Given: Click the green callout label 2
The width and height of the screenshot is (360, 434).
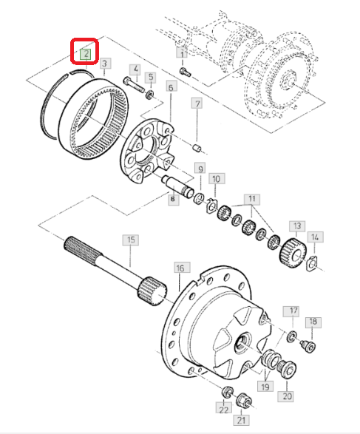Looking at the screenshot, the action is point(86,54).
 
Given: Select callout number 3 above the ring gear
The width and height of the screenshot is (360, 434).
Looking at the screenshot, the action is point(104,64).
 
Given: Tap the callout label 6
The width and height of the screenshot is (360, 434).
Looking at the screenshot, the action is point(171,87).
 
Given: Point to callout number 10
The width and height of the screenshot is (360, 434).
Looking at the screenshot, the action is point(216,179).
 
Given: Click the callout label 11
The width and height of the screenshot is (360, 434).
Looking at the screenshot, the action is point(252,199).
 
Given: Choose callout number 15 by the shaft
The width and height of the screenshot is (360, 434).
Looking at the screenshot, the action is point(131,240).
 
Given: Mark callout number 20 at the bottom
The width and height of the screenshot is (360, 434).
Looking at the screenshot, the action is point(287,396).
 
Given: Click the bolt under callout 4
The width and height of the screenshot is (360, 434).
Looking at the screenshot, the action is point(133,85).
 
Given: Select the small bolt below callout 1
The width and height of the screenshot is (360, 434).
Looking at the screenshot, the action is point(185,72).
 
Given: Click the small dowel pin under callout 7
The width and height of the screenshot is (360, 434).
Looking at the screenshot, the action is point(197,148).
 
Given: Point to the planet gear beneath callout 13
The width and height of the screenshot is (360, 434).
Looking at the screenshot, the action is point(293,252).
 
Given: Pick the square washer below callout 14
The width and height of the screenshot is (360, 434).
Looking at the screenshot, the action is point(313,265).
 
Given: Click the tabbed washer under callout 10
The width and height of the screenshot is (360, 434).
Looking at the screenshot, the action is point(212,206).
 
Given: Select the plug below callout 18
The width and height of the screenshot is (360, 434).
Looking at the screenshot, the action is point(308,346).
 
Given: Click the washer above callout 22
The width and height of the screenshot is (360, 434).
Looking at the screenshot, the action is point(228,391).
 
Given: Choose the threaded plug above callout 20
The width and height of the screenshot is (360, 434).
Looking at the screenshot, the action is point(287,368).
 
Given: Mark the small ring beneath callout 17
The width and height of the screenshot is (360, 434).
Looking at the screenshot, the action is point(292,336).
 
